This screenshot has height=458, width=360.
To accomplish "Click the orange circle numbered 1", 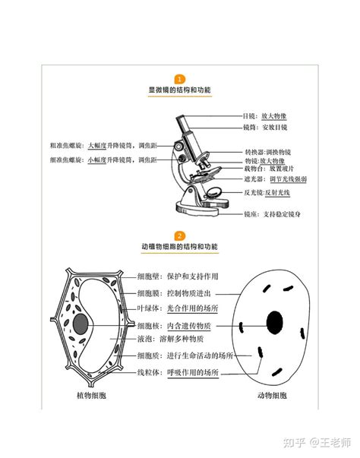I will tap(180, 79).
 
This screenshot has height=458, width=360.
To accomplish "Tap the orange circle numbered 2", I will tap(180, 236).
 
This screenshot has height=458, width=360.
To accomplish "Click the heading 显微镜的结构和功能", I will tap(180, 90).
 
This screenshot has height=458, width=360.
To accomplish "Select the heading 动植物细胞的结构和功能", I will tap(180, 248).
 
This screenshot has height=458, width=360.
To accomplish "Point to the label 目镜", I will tap(250, 116).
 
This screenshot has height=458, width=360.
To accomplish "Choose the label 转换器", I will tap(254, 152).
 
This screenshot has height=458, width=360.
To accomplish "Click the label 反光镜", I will tap(254, 193).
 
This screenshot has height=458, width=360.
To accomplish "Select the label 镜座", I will tap(252, 215).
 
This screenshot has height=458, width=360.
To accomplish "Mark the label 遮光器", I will tap(254, 179).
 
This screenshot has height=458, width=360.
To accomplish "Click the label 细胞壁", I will tap(148, 276).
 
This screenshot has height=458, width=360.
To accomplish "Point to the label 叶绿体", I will tap(148, 308).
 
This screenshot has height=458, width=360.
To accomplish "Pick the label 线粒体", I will tap(148, 373).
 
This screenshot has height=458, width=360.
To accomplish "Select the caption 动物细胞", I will tap(271, 396).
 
